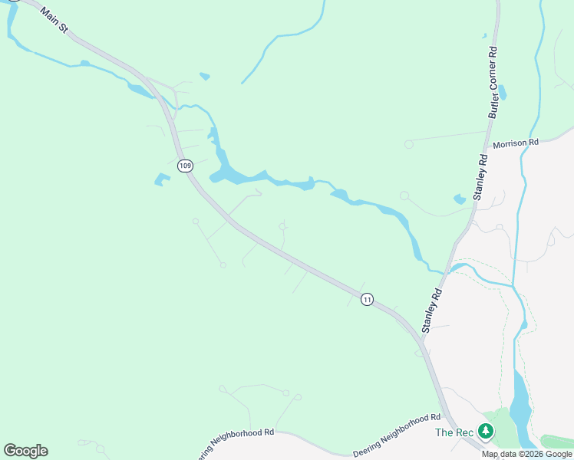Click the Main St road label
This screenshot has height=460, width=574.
point(54,20)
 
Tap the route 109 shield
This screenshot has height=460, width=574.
point(184,166)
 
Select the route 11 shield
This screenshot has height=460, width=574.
point(368,299)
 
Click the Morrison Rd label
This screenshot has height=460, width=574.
point(516,143)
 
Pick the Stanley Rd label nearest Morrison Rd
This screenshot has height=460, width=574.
point(481,177)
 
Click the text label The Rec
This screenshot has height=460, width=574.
point(454,432)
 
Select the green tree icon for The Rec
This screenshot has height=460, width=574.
point(485,432)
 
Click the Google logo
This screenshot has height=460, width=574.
point(25,451)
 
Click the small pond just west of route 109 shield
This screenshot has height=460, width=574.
point(162,180)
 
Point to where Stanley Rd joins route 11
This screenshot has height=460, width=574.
point(421,337)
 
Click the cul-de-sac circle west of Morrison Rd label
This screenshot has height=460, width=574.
point(408,143)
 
